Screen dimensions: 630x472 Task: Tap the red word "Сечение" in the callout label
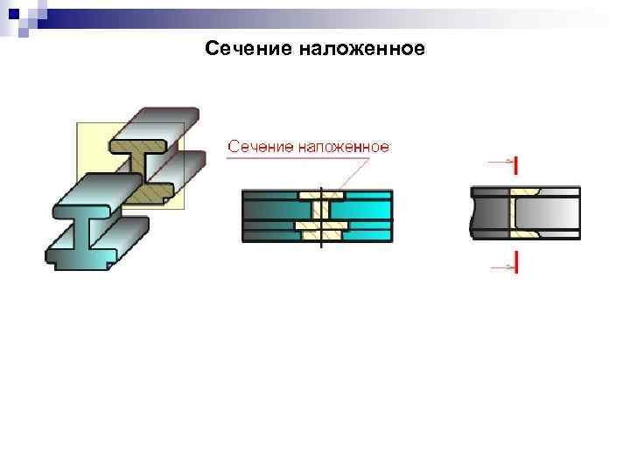pos(259,146)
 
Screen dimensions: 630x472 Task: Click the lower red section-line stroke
pos(517,263)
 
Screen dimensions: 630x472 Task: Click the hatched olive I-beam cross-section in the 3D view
pos(143,162)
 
